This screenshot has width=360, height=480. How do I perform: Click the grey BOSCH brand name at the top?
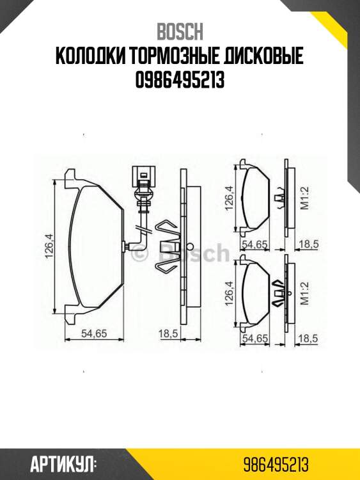[x=180, y=32]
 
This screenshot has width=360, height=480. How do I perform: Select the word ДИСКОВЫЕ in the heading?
[x=263, y=56]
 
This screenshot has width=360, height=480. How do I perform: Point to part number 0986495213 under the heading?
[x=180, y=80]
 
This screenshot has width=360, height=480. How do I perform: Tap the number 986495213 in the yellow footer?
[x=276, y=465]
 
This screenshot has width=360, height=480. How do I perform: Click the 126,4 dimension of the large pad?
[x=49, y=246]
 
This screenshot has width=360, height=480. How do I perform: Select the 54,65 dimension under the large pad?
[x=94, y=333]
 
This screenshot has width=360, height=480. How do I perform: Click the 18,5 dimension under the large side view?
[x=168, y=333]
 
